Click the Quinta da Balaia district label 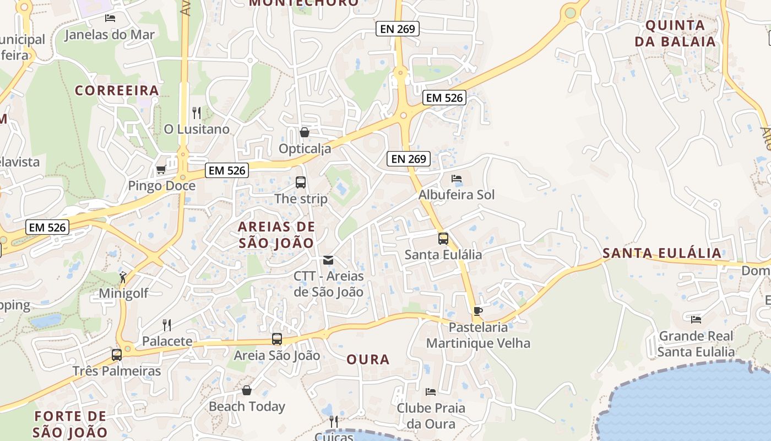pos(675,33)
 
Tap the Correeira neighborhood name pos(117,90)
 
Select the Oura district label pos(368,359)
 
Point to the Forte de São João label pos(70,424)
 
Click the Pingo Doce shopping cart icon pos(161,170)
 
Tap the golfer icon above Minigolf pos(123,277)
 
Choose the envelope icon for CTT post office pos(328,260)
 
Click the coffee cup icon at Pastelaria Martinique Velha pos(478,311)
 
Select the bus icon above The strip pos(301,182)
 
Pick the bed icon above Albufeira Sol pos(457,179)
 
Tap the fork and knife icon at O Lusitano pos(197,113)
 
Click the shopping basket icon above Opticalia pos(304,132)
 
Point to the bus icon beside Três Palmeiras pos(117,355)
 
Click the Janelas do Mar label pos(110,35)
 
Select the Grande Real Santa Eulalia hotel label pos(696,344)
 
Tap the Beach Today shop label pos(247,407)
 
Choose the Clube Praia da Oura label pos(431,416)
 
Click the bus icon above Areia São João pos(277,340)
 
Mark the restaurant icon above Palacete pos(167,325)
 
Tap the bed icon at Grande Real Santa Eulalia pos(696,319)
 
